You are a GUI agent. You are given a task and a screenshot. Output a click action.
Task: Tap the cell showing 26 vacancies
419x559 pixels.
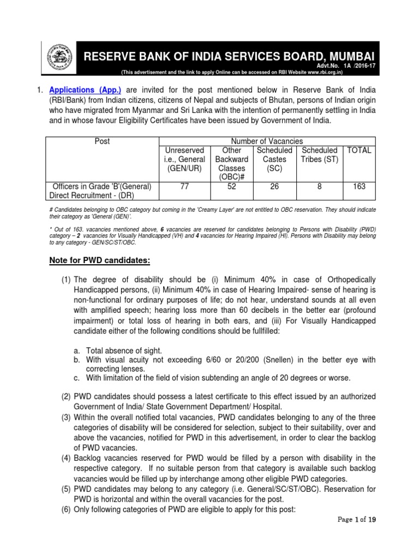pyautogui.click(x=274, y=186)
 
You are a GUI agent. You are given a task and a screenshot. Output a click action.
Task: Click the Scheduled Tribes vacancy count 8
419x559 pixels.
pyautogui.click(x=319, y=186)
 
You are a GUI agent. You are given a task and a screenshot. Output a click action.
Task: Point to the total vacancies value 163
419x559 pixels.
pyautogui.click(x=359, y=186)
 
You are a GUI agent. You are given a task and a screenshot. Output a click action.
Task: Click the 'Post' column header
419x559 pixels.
pyautogui.click(x=102, y=141)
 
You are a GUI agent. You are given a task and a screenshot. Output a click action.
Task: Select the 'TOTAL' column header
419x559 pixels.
pyautogui.click(x=359, y=150)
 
